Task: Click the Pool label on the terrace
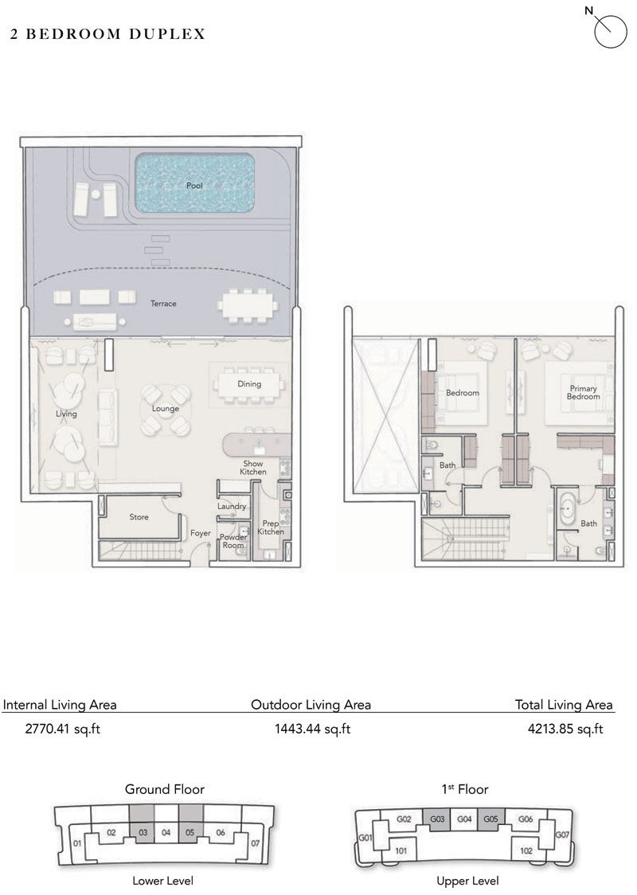(195, 185)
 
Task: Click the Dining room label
(249, 384)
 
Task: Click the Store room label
(139, 517)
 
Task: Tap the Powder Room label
(233, 541)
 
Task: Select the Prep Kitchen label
(271, 527)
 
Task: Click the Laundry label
(231, 507)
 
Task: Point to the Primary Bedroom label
(583, 392)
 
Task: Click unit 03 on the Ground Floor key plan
(143, 833)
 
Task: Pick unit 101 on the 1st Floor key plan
(401, 850)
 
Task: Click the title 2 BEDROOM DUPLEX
(108, 34)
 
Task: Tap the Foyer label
(199, 534)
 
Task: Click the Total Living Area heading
(563, 704)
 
